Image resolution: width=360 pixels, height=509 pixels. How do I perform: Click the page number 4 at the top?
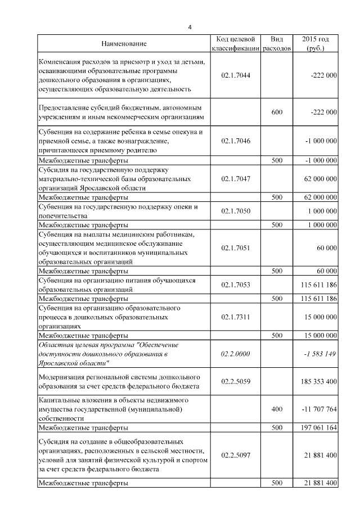[x=190, y=26]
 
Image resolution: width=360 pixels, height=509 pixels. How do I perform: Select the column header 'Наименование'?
[x=124, y=44]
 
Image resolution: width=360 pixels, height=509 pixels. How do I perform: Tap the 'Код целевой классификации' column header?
[x=236, y=44]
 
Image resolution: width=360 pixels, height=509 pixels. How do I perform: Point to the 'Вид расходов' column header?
[x=277, y=44]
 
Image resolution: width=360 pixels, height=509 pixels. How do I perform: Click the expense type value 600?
[x=277, y=112]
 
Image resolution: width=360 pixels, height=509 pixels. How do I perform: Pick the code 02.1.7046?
[x=236, y=141]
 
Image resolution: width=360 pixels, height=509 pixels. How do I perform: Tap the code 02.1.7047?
[x=236, y=178]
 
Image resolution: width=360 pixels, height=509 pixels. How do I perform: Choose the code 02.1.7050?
[x=236, y=210]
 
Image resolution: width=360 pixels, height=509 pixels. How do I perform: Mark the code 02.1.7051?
[x=236, y=247]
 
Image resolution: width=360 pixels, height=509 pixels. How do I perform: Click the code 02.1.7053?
[x=236, y=285]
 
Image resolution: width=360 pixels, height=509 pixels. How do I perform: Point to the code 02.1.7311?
[x=236, y=317]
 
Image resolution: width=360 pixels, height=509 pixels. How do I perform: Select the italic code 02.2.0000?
[x=236, y=353]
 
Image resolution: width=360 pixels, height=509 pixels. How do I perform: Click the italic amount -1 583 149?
[x=319, y=353]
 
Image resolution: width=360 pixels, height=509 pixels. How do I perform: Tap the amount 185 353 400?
[x=316, y=381]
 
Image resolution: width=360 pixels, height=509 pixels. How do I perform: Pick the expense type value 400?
[x=277, y=409]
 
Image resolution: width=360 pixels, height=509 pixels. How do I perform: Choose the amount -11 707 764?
[x=317, y=409]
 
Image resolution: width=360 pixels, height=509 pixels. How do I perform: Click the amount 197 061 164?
[x=316, y=427]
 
